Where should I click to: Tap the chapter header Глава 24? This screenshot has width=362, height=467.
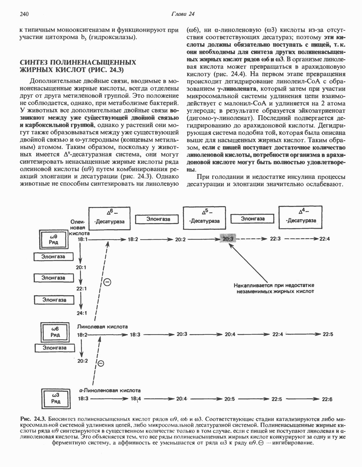tap(182, 14)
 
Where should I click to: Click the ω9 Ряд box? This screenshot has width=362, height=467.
tap(54, 239)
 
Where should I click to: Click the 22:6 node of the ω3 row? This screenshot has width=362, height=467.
tap(327, 399)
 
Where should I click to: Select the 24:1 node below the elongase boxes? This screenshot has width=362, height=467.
tap(82, 313)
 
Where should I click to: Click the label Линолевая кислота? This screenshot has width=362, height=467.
tap(102, 327)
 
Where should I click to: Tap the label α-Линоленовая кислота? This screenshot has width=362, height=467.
tap(110, 390)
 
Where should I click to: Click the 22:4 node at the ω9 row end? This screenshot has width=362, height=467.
tap(324, 239)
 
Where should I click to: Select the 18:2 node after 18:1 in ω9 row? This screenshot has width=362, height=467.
tap(133, 239)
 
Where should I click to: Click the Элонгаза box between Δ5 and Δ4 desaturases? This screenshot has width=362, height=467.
tap(253, 218)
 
